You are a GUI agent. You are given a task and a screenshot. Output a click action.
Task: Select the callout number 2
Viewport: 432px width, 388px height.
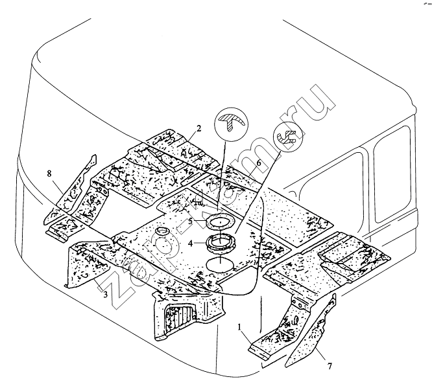click(199, 128)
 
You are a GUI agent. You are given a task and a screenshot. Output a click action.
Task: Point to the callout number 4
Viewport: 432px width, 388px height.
click(191, 244)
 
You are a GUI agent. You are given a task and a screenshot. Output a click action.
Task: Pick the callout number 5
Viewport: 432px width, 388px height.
click(191, 221)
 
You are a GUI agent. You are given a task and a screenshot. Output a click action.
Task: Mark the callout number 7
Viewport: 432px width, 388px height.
click(329, 367)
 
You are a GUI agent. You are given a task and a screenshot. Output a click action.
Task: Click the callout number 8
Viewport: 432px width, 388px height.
click(49, 174)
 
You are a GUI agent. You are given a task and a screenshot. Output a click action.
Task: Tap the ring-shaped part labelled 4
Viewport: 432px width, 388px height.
click(221, 245)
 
